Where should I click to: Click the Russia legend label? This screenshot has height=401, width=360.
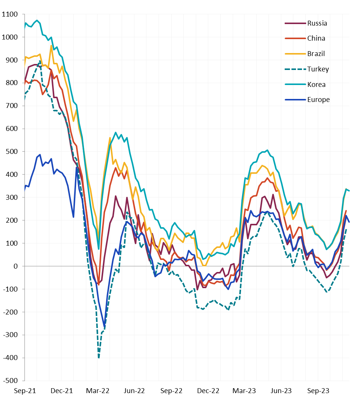(317, 23)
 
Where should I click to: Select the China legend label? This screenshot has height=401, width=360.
(316, 38)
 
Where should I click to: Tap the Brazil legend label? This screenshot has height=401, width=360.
(316, 54)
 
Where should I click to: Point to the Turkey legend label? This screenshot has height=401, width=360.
(318, 69)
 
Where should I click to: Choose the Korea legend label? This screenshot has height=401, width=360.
(316, 85)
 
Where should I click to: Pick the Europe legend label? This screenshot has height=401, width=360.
(318, 100)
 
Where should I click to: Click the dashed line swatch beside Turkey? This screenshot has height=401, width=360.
(294, 69)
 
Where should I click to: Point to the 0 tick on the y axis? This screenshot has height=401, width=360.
(15, 266)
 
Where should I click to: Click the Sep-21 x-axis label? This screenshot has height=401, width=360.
(25, 391)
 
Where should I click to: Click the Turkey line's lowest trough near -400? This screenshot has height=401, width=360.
(99, 357)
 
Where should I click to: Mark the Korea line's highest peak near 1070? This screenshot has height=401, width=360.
(37, 20)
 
